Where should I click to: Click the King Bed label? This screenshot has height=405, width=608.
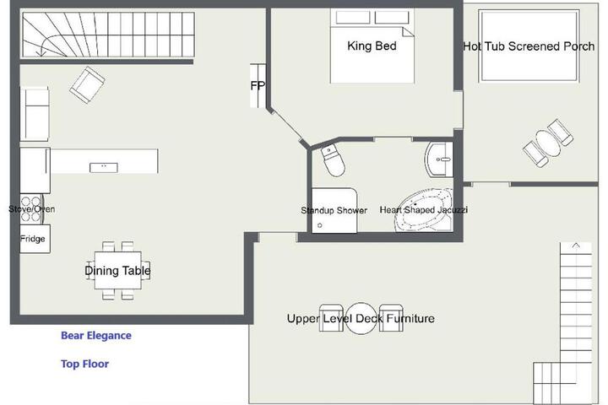[372, 46]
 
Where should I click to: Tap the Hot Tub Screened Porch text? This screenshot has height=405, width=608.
[529, 46]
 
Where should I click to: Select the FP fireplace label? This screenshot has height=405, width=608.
[258, 85]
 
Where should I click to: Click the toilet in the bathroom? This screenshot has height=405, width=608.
[333, 160]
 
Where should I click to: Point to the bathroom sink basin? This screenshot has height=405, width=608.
[439, 159]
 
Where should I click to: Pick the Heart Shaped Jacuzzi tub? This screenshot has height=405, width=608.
[423, 210]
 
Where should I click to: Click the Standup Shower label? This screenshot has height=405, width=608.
[334, 210]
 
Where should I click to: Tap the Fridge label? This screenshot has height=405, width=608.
[33, 239]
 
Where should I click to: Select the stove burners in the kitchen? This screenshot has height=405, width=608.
[31, 209]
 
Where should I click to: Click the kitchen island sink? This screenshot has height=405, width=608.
[104, 167]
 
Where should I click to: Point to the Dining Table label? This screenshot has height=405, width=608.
[117, 271]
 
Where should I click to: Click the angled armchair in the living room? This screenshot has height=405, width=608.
[87, 85]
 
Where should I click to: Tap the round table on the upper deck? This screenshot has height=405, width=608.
[361, 319]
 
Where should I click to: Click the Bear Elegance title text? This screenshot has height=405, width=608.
[96, 335]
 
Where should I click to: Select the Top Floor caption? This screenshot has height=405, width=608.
[85, 364]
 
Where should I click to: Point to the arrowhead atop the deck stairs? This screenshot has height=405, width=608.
[576, 246]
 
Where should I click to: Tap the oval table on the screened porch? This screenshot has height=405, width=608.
[548, 143]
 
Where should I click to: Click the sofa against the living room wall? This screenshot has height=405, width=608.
[35, 114]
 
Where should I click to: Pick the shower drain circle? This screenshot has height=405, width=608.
[320, 225]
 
